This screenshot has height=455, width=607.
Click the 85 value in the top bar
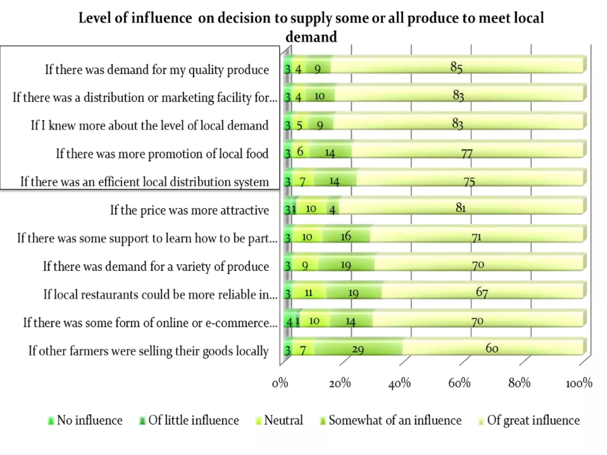coord(456,67)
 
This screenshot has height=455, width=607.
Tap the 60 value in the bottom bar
coord(491,348)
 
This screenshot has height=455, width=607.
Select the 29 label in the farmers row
coord(358,350)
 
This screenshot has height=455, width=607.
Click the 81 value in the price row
coord(461,208)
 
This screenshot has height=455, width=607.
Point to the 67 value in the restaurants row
coord(482,292)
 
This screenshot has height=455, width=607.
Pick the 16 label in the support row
coord(346,236)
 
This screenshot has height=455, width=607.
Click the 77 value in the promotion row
coord(467,154)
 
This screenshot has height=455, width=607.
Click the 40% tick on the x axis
coord(399,383)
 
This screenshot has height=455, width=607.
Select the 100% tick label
coord(579,383)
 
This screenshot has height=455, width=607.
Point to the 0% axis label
coord(280,383)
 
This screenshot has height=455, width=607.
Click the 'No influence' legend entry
coord(86,420)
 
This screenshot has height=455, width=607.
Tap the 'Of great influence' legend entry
coord(530,420)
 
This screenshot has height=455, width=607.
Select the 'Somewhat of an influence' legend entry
coord(391,420)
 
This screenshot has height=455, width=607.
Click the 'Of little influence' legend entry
coord(190,420)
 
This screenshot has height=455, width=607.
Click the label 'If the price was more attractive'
coord(189,210)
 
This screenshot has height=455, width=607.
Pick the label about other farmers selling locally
coord(148,351)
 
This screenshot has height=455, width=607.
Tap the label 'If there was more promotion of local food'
coord(162,154)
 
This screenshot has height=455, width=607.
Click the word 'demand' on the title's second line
coord(311,37)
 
